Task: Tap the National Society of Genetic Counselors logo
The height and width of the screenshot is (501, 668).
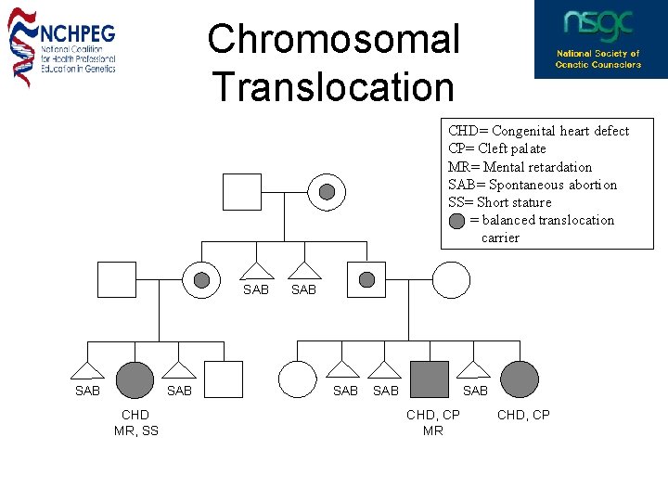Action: point(598,39)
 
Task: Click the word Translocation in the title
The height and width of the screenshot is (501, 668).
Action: point(333,87)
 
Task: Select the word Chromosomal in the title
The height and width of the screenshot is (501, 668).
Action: point(333,40)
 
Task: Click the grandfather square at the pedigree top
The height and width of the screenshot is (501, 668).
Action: point(242,192)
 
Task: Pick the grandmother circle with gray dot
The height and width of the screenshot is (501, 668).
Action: point(327,192)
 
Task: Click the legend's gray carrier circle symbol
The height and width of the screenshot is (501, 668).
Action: point(457,221)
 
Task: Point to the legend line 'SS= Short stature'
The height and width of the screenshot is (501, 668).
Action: point(499,202)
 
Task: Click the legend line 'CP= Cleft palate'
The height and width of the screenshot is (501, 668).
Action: point(496,148)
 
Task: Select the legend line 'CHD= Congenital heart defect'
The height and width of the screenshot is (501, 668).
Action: point(538,131)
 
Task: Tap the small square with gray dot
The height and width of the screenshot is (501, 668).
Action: point(366,279)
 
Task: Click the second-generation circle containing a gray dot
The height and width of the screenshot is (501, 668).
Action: point(201,279)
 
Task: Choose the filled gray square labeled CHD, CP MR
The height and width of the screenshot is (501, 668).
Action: point(430,379)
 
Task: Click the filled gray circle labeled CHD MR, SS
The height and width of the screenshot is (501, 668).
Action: point(135,379)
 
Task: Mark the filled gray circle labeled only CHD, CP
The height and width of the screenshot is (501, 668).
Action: point(520,379)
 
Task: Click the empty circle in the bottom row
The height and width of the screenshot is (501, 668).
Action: point(298,379)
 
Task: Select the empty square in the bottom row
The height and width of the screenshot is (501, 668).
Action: point(224,379)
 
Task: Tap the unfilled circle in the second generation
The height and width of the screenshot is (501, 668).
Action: point(452,279)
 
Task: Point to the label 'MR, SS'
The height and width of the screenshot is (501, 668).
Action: point(136,430)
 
